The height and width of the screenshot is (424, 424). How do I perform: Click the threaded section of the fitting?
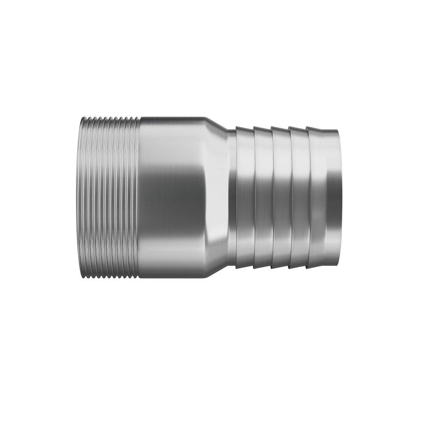click(x=108, y=197)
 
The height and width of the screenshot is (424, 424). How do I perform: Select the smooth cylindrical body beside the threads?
click(x=170, y=197)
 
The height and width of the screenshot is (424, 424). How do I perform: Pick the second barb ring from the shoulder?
click(x=263, y=197)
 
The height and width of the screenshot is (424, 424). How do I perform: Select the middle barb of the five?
click(x=281, y=197)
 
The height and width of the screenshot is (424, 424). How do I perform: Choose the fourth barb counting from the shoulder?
click(x=298, y=197)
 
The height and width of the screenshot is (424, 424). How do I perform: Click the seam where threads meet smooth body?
click(x=139, y=197)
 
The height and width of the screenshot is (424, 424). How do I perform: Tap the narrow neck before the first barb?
click(x=232, y=197)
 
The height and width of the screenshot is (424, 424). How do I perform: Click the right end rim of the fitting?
click(x=337, y=197)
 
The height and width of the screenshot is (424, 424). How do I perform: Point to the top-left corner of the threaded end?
click(x=79, y=118)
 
